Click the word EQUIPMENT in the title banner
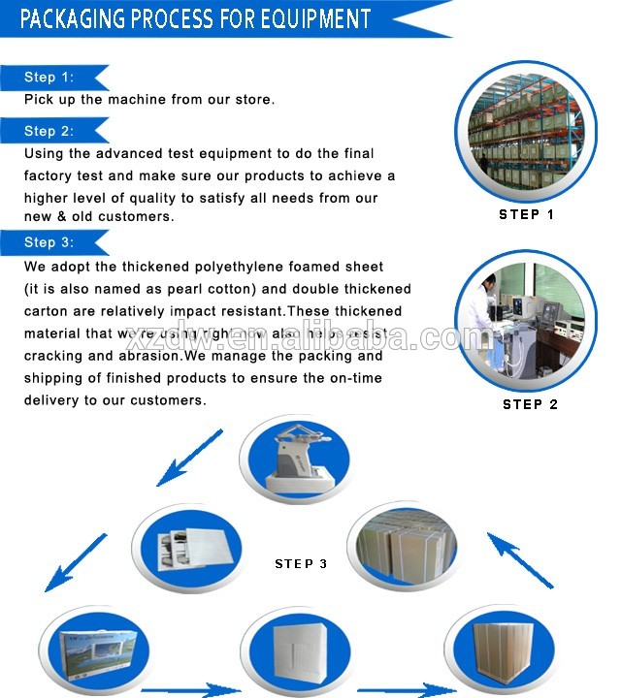tap(314, 18)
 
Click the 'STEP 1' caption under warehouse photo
tap(526, 214)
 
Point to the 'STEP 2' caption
tap(530, 404)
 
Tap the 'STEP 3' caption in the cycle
tap(308, 563)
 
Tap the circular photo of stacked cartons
tap(401, 549)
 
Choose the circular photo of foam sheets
tap(185, 549)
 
